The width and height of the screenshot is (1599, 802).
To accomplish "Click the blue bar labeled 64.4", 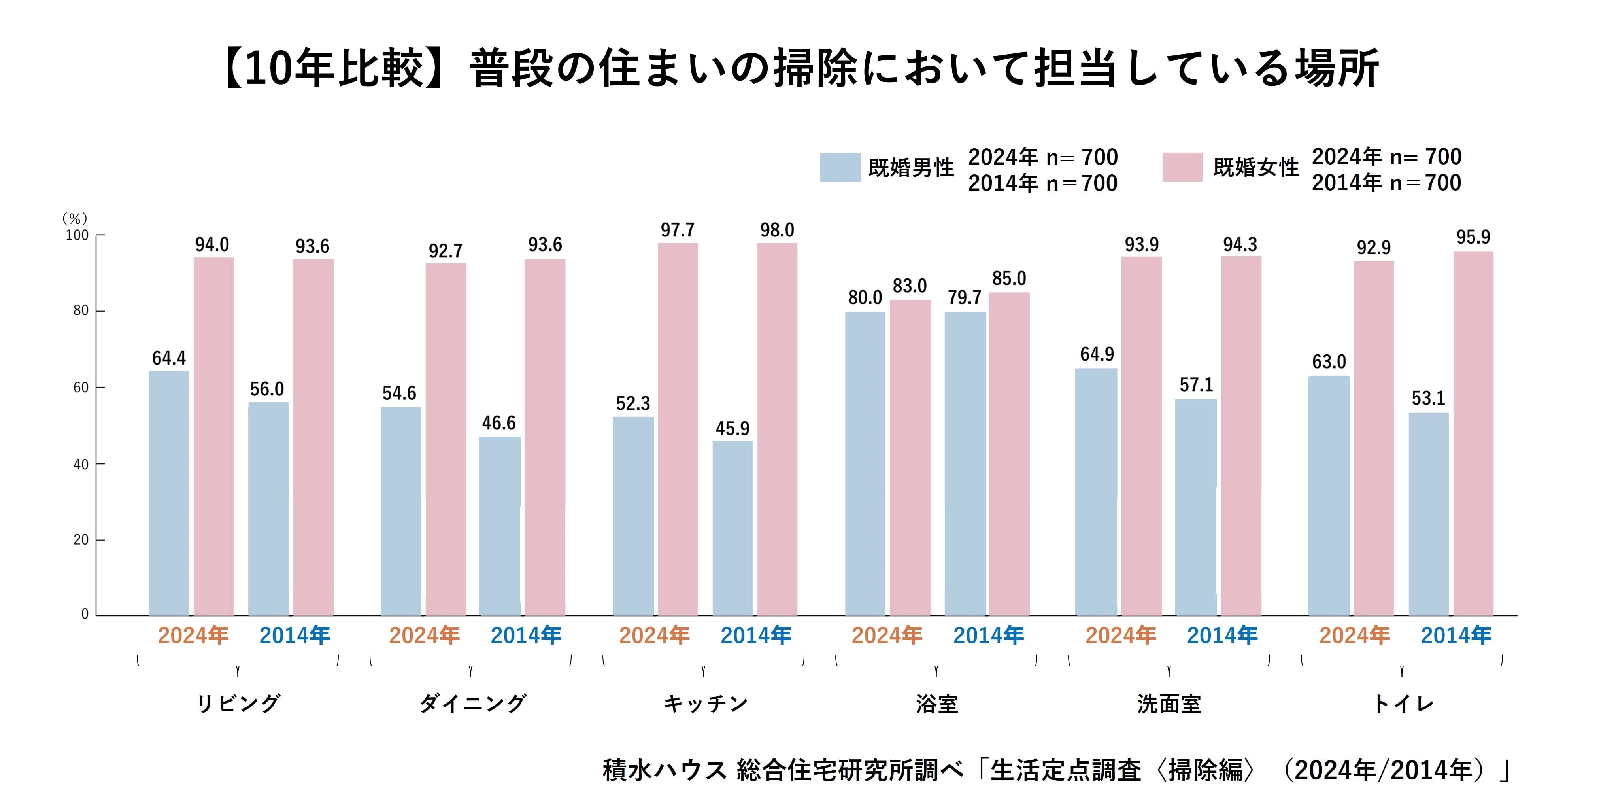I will (x=169, y=494).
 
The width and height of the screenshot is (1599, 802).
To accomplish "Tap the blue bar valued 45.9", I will (x=732, y=528).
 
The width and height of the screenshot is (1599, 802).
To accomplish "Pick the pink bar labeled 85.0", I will (x=1009, y=453).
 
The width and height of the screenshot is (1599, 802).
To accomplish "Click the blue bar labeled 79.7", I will (x=965, y=462).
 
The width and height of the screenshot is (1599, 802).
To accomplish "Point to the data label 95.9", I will (x=1473, y=237).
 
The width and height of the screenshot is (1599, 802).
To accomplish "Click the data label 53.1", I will (x=1428, y=398).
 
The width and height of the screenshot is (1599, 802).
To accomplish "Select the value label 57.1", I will (x=1196, y=385).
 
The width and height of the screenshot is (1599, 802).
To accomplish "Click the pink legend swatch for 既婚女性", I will (x=1182, y=168).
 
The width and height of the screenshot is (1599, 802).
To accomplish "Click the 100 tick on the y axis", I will (x=77, y=235).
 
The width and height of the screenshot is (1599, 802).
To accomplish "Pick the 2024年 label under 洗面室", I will (x=1120, y=635).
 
